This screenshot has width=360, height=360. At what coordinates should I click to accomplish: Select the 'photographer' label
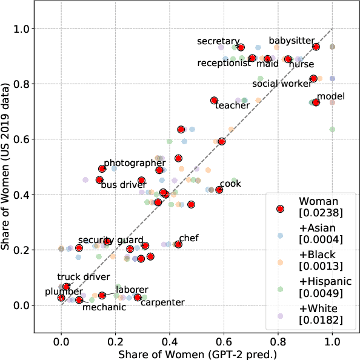[x=131, y=163]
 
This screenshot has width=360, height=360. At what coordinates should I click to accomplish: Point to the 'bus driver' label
[x=124, y=185]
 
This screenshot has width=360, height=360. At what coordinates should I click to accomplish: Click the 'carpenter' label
[x=162, y=302]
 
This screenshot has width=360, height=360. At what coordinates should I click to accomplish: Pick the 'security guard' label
[x=110, y=240]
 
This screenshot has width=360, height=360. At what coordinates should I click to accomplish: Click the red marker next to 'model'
[x=316, y=102]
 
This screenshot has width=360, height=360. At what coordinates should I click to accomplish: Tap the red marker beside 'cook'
[x=219, y=190]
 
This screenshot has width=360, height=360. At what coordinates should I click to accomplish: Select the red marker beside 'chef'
[x=178, y=244]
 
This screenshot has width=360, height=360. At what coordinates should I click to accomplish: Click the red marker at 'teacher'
[x=214, y=101]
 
